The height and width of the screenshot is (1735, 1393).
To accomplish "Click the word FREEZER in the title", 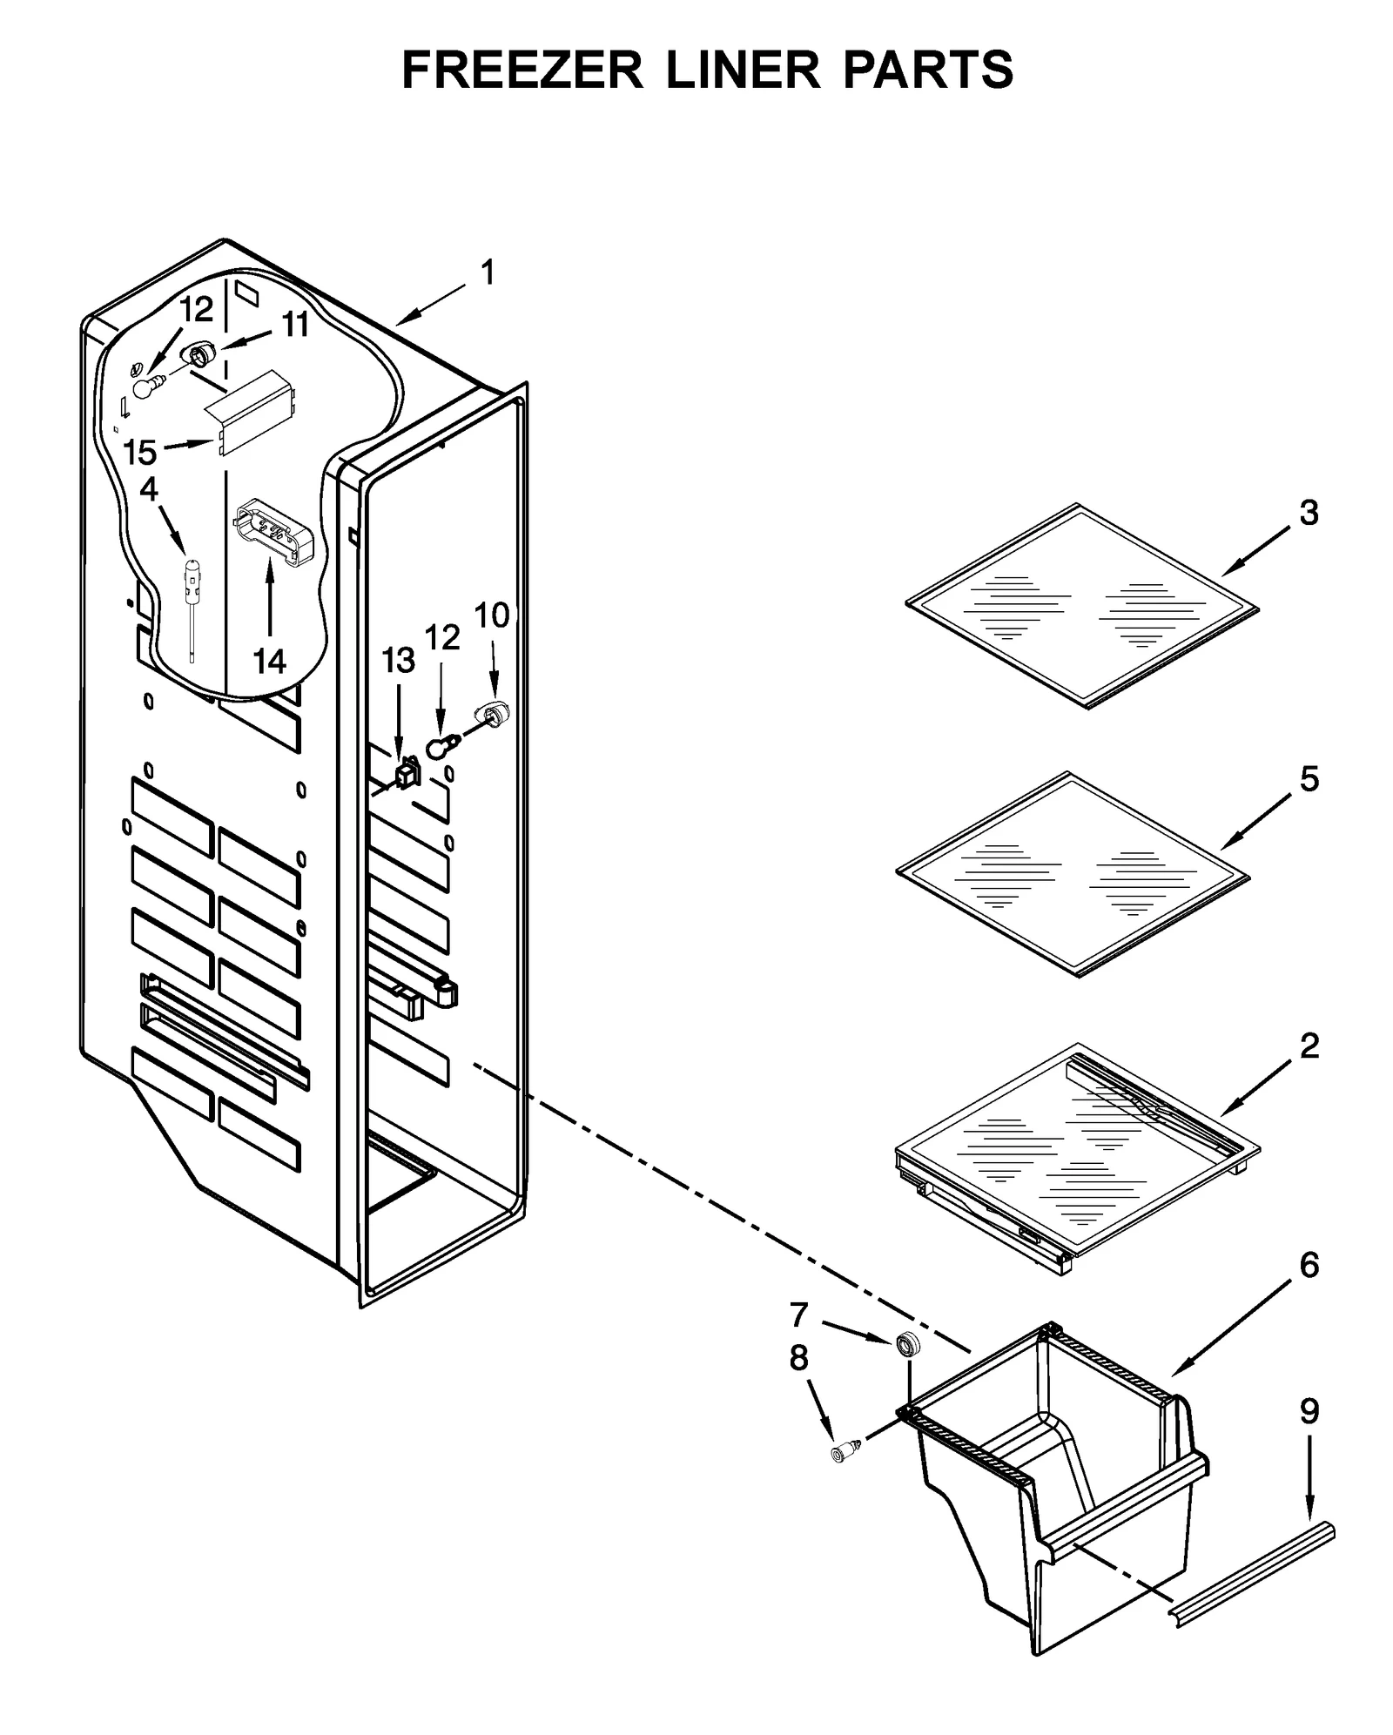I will (x=522, y=70).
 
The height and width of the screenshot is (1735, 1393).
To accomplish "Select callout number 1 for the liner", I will (x=488, y=273).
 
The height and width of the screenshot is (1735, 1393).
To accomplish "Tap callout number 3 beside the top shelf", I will (x=1309, y=514).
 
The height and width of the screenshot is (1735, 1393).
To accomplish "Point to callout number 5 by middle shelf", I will (x=1309, y=779).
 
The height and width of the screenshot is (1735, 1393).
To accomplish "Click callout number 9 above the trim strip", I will (x=1309, y=1411).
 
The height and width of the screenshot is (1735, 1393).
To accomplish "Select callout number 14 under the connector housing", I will (x=270, y=662).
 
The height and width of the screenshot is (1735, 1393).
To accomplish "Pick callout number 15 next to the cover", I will (x=139, y=453).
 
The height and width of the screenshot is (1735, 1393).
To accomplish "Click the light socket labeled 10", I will (x=493, y=716).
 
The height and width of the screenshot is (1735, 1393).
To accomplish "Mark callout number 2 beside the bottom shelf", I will (x=1309, y=1046).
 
